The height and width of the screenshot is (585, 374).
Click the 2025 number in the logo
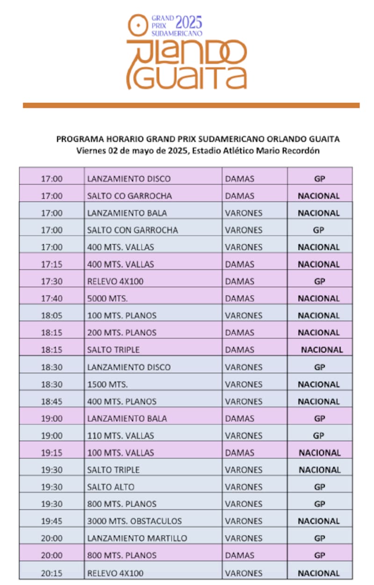[188, 22]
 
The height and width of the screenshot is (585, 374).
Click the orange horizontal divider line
[191, 106]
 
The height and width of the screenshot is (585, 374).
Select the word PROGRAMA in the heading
[77, 139]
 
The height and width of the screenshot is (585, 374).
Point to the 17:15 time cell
[51, 264]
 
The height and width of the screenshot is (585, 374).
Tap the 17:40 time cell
[51, 299]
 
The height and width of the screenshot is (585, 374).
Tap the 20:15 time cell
[51, 573]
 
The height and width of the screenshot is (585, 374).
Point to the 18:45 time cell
[51, 401]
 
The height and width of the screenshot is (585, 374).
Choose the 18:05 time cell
[51, 316]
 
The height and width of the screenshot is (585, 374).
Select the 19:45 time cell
[51, 521]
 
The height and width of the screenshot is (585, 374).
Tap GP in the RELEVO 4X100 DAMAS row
[319, 281]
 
